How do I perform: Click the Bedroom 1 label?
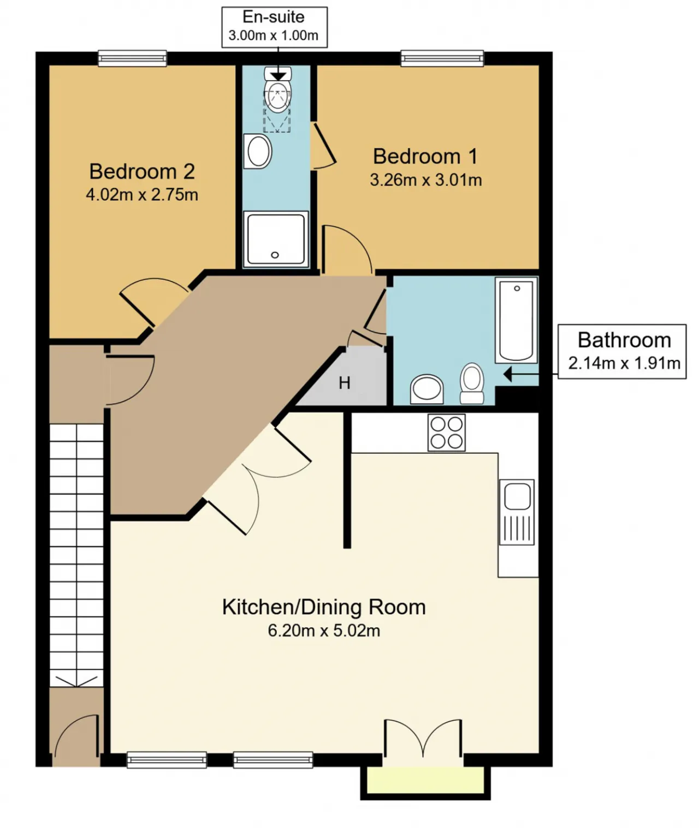pyautogui.click(x=425, y=157)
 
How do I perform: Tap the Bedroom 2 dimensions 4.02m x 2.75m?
pyautogui.click(x=142, y=195)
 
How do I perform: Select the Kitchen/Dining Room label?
pyautogui.click(x=324, y=607)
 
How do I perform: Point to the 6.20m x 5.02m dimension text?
pyautogui.click(x=324, y=631)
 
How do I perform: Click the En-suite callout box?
pyautogui.click(x=275, y=27)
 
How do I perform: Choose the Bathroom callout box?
pyautogui.click(x=622, y=351)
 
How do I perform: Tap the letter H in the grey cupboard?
pyautogui.click(x=345, y=383)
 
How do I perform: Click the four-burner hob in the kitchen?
pyautogui.click(x=446, y=432)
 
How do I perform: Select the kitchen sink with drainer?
pyautogui.click(x=517, y=512)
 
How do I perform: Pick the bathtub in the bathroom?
pyautogui.click(x=516, y=320)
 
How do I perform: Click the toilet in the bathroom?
pyautogui.click(x=472, y=383)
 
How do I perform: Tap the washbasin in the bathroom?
pyautogui.click(x=427, y=389)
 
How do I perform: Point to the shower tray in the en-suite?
pyautogui.click(x=276, y=239)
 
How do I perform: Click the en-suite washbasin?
pyautogui.click(x=258, y=152)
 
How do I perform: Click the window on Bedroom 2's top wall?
pyautogui.click(x=132, y=58)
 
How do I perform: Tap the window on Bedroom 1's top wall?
pyautogui.click(x=442, y=58)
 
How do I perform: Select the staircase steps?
pyautogui.click(x=76, y=555)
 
